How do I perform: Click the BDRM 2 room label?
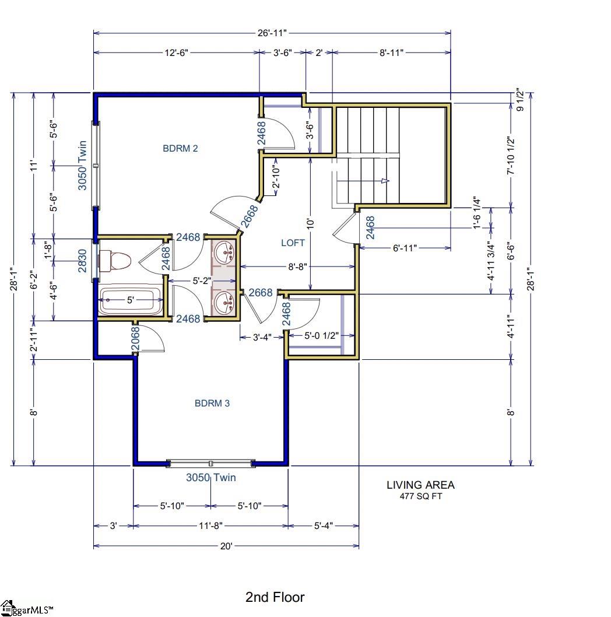pyautogui.click(x=180, y=149)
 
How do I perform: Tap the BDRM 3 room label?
pyautogui.click(x=212, y=404)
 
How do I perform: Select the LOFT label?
pyautogui.click(x=293, y=243)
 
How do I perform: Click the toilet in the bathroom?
pyautogui.click(x=113, y=261)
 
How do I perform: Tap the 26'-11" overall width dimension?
pyautogui.click(x=272, y=33)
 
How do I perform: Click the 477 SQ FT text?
pyautogui.click(x=420, y=497)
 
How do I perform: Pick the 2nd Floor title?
pyautogui.click(x=275, y=597)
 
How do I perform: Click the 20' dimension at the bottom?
pyautogui.click(x=226, y=546)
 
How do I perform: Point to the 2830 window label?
pyautogui.click(x=83, y=260)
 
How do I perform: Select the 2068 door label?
pyautogui.click(x=135, y=339)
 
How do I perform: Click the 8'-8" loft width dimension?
pyautogui.click(x=297, y=267)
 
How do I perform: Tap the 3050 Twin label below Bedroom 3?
pyautogui.click(x=211, y=478)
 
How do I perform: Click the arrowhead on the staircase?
pyautogui.click(x=385, y=181)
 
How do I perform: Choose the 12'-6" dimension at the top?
pyautogui.click(x=175, y=53)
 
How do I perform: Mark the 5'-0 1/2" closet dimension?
pyautogui.click(x=321, y=336)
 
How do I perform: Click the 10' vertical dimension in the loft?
pyautogui.click(x=311, y=223)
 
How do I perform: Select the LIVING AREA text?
pyautogui.click(x=420, y=485)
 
